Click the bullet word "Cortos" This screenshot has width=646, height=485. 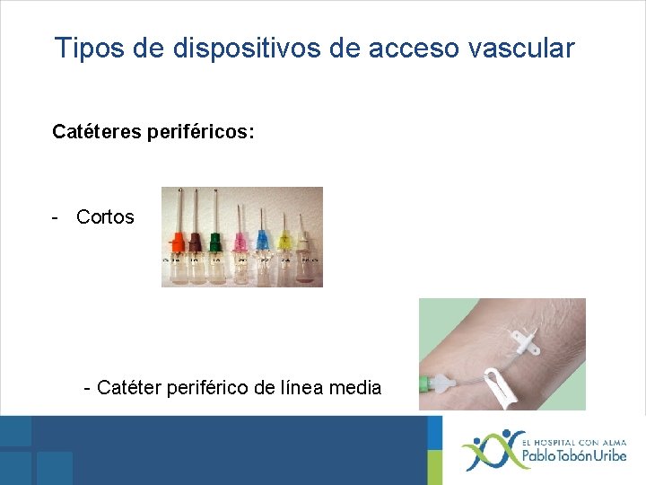tap(105, 217)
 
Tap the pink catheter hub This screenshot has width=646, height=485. tap(240, 241)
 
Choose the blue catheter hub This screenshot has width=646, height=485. tap(262, 240)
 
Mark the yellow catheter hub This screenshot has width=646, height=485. tap(286, 241)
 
